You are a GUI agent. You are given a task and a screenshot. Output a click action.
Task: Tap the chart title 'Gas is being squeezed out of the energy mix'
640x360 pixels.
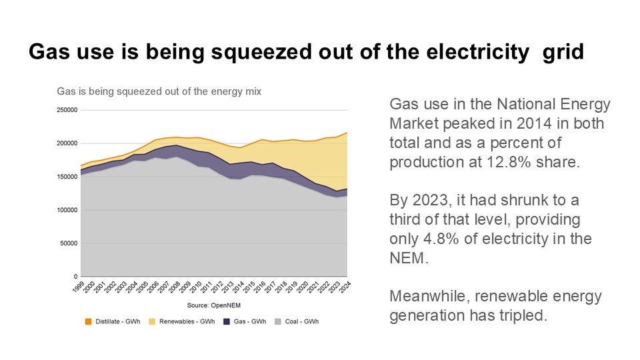(159, 91)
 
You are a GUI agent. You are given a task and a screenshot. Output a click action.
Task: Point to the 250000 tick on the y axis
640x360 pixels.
(67, 110)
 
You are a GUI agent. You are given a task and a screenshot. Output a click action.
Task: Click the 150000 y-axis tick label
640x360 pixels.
(67, 177)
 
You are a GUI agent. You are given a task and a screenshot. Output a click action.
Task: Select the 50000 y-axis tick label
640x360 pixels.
(69, 243)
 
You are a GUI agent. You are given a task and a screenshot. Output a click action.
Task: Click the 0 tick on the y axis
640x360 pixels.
(75, 277)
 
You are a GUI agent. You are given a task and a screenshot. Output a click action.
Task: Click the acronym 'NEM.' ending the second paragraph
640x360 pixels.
(407, 258)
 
